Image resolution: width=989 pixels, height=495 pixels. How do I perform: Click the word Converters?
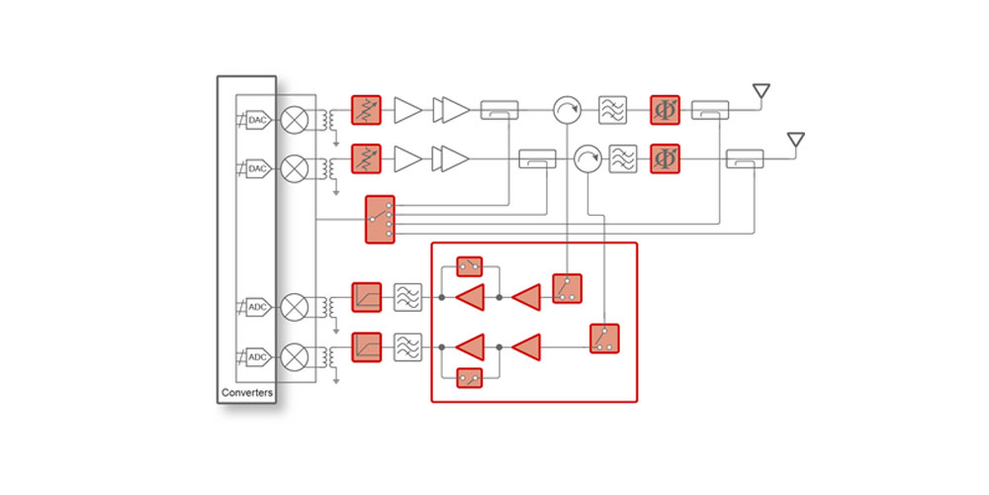(245, 393)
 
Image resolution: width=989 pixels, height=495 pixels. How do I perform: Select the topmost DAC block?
(257, 121)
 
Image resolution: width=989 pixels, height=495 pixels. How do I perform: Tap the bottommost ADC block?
(257, 356)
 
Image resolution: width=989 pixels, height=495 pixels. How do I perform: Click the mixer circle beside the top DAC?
(294, 121)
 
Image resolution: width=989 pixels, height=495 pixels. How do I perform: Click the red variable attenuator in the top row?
(366, 111)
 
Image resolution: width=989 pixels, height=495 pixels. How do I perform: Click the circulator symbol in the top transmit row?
(566, 111)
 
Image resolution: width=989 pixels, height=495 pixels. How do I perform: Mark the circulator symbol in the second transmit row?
(587, 157)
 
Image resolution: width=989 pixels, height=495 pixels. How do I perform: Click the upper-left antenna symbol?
(761, 92)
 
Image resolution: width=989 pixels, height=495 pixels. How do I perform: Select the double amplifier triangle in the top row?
(455, 111)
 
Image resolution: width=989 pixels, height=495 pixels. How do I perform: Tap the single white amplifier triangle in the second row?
(407, 157)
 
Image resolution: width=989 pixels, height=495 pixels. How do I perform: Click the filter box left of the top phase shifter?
(613, 111)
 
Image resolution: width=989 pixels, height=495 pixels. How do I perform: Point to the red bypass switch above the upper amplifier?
(470, 267)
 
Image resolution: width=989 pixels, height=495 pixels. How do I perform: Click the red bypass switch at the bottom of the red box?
(470, 377)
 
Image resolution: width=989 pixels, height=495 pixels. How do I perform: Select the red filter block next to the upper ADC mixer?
(366, 296)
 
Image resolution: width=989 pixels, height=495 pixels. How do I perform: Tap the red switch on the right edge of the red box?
(604, 339)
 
